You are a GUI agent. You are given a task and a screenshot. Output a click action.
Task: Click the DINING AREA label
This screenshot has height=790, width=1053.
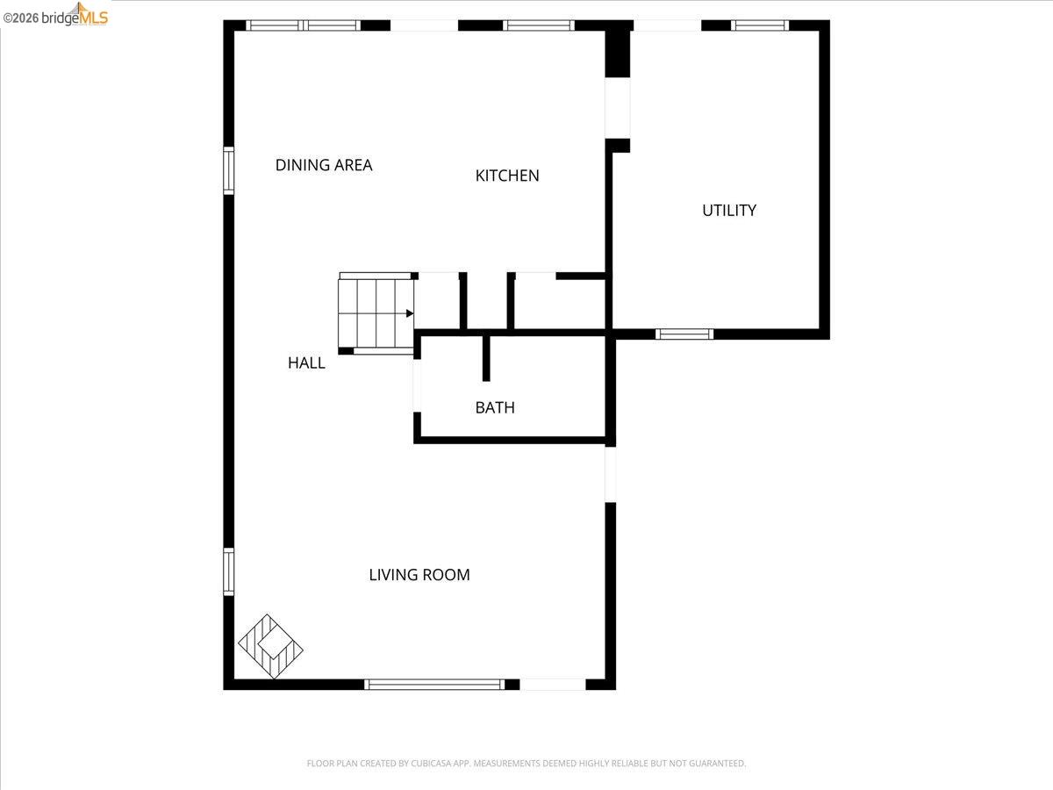click(x=324, y=165)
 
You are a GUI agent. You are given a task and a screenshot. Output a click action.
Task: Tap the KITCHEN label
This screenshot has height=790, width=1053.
click(x=507, y=176)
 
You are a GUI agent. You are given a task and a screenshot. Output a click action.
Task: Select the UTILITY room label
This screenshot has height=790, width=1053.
click(x=729, y=211)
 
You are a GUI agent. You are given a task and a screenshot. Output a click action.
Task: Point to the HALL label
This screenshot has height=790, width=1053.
click(x=306, y=363)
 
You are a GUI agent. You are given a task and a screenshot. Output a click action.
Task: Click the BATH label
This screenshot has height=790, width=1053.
click(x=495, y=407)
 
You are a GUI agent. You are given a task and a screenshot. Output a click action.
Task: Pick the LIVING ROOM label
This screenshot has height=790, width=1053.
click(x=419, y=575)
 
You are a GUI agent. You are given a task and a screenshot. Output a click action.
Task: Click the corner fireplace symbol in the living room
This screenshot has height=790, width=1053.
click(x=270, y=646)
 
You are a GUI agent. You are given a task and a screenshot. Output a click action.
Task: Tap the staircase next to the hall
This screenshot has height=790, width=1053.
click(x=376, y=312)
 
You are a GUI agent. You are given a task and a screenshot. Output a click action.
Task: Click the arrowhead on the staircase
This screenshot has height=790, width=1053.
click(x=410, y=312)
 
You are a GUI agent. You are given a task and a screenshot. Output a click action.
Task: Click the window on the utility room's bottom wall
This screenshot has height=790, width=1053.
click(x=684, y=334)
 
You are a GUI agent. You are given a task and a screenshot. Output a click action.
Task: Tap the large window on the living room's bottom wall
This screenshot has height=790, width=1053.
click(x=434, y=684)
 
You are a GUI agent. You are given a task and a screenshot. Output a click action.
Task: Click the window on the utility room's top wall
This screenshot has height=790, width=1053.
click(x=760, y=25)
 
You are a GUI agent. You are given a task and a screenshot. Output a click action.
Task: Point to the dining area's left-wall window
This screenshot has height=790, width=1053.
click(x=228, y=170)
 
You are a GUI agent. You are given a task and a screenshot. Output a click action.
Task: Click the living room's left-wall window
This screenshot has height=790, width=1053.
click(x=228, y=571)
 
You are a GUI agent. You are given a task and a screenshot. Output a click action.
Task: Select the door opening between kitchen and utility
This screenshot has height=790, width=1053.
click(x=618, y=108)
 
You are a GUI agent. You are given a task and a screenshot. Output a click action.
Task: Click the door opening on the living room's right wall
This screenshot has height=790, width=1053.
click(x=611, y=474)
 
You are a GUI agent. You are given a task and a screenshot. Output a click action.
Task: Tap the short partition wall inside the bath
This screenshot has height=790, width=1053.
click(x=486, y=358)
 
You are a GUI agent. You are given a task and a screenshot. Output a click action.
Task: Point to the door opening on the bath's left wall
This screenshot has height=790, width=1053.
click(x=418, y=386)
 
